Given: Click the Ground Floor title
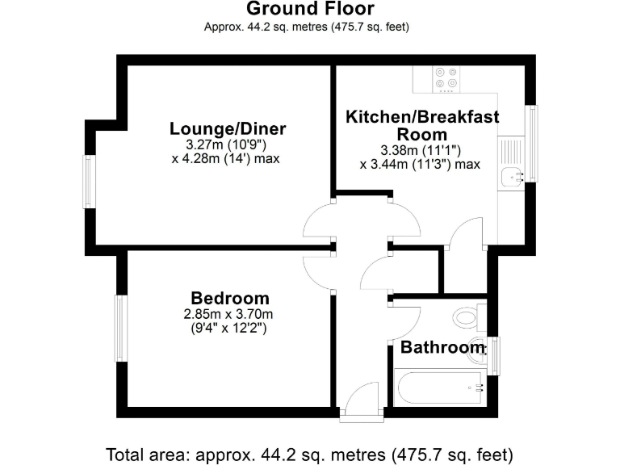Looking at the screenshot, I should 310,10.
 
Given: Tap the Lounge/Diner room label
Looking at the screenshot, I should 228,129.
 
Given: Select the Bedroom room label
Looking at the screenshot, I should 230,298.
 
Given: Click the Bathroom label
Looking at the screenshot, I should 443,348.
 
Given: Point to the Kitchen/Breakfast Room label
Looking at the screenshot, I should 422,125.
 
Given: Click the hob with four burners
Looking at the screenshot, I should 446,76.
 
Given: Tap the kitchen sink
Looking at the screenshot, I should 510,174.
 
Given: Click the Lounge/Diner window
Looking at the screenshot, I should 90,182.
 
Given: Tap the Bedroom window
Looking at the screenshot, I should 120,328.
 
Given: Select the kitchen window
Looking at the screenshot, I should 532,144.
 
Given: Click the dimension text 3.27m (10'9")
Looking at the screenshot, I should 225,145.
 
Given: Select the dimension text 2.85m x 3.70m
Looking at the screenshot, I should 229,314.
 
